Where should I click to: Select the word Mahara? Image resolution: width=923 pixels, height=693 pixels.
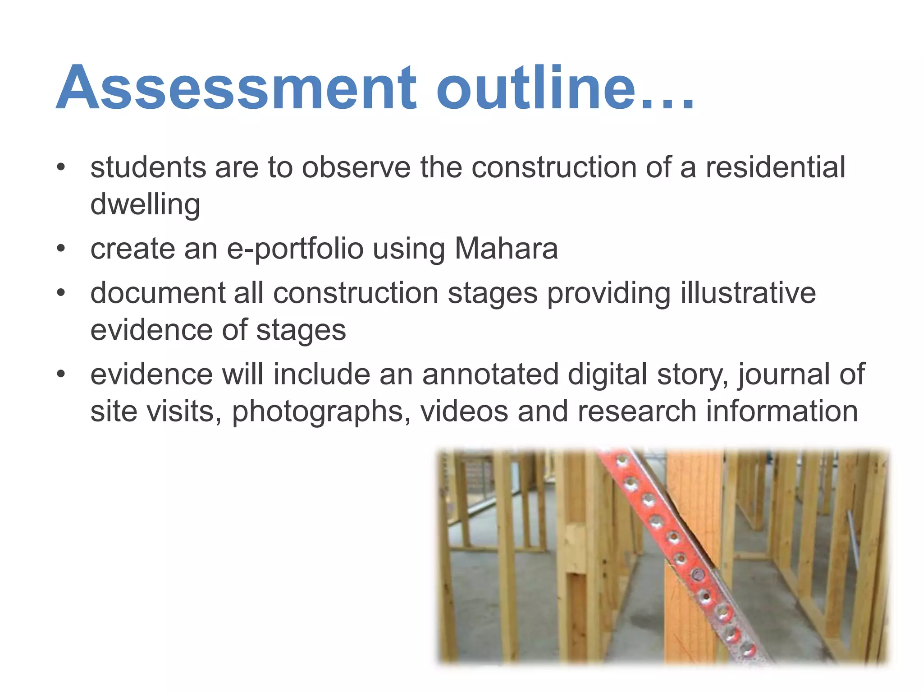tap(506, 249)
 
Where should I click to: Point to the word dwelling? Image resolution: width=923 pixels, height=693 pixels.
tap(145, 205)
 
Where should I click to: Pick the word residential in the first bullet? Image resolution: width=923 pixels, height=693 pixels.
tap(775, 168)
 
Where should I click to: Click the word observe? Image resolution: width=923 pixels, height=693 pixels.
tap(356, 168)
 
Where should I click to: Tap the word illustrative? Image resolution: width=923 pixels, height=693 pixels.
tap(748, 293)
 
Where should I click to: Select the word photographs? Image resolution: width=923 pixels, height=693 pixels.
tap(321, 411)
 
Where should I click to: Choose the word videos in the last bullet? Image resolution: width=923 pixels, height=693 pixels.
tap(464, 411)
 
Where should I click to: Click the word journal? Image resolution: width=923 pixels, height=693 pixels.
tap(783, 374)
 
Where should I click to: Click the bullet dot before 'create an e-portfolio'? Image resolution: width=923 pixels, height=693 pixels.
tap(61, 248)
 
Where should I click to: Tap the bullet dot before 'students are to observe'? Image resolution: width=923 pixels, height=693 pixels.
tap(61, 167)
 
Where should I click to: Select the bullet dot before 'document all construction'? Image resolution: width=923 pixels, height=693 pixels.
tap(61, 293)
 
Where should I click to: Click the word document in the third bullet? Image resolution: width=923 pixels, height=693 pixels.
tap(158, 293)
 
